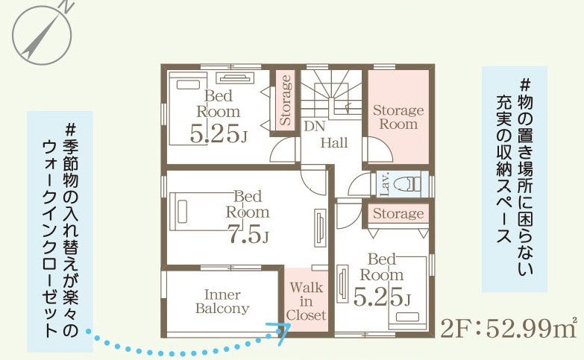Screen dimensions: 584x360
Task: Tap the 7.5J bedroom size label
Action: (248, 236)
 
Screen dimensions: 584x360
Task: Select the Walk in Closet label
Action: (306, 301)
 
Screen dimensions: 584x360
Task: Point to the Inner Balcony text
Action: (222, 301)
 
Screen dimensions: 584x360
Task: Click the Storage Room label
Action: (398, 117)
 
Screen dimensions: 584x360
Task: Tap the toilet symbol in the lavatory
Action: (409, 183)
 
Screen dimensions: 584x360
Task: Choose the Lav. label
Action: (385, 184)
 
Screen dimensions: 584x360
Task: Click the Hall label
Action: (334, 142)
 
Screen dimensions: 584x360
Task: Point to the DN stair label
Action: (314, 126)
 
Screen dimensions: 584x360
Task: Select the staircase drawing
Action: (331, 94)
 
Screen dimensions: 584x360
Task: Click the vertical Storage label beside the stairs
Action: (286, 100)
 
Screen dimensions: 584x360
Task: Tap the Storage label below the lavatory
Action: (398, 213)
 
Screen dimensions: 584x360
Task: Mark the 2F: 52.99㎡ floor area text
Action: (509, 328)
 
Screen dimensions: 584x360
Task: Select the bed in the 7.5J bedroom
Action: (204, 212)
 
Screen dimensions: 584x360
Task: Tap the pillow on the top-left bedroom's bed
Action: (189, 85)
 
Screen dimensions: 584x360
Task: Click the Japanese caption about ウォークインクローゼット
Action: (60, 231)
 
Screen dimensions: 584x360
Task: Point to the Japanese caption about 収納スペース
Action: (514, 179)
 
